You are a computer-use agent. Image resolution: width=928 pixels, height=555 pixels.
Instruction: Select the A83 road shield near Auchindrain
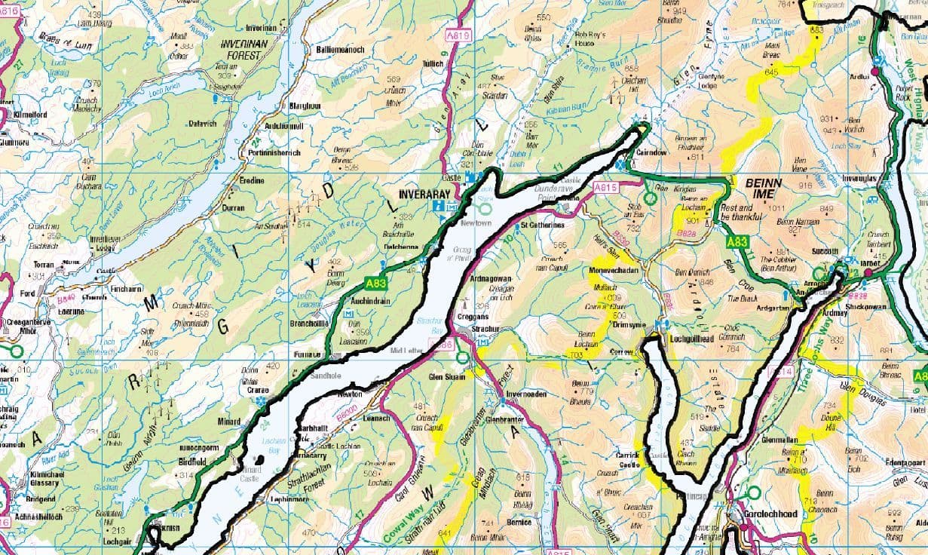coord(376,284)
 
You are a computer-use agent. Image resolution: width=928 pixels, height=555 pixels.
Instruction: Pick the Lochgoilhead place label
coord(691,339)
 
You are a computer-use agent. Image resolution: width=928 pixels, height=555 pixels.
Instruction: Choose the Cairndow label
coord(652,151)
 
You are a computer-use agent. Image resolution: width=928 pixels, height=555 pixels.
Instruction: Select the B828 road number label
coord(686,235)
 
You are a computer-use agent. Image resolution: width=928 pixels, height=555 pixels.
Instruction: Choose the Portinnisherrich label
coord(274,152)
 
